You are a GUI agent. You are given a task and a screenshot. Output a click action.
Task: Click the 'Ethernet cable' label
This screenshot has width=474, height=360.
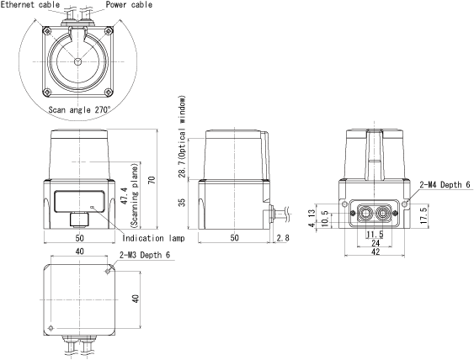(x=30, y=4)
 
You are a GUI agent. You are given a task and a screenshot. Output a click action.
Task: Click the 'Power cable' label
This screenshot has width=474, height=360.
(x=129, y=4)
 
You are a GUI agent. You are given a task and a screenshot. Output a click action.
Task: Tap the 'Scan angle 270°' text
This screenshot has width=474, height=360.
(x=79, y=109)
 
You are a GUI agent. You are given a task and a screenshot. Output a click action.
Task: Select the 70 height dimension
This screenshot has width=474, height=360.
(x=152, y=180)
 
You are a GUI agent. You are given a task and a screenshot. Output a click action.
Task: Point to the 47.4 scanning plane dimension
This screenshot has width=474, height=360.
(x=130, y=196)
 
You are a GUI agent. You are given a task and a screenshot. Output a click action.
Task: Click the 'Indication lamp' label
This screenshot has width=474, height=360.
(x=153, y=238)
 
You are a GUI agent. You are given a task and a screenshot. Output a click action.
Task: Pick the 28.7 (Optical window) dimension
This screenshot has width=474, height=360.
(x=182, y=137)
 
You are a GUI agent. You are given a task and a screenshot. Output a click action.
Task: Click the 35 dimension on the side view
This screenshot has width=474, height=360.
(x=182, y=203)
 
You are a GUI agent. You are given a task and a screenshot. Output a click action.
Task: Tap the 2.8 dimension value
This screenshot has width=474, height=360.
(x=283, y=238)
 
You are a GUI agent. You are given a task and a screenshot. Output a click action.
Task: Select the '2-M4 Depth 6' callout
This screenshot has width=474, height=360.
(x=445, y=184)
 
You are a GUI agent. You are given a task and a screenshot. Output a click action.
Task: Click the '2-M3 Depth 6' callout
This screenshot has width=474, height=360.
(x=145, y=255)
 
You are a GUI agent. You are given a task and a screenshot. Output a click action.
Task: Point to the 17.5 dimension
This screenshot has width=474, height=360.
(x=424, y=215)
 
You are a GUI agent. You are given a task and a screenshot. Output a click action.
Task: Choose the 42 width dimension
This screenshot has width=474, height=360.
(x=375, y=251)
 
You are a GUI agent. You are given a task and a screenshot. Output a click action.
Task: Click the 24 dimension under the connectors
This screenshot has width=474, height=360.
(x=375, y=243)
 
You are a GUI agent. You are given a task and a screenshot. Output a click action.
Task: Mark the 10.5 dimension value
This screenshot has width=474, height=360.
(x=324, y=218)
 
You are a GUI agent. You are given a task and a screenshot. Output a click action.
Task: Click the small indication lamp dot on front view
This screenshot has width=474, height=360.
(x=93, y=207)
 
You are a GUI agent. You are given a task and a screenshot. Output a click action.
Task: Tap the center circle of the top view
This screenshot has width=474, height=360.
(x=77, y=61)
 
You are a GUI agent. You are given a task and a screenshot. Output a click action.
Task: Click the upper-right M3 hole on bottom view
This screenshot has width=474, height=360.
(x=107, y=271)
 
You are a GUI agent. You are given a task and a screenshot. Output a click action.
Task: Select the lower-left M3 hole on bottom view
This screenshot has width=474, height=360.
(x=51, y=328)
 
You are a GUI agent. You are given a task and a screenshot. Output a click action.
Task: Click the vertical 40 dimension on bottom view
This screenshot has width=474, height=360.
(x=136, y=299)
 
